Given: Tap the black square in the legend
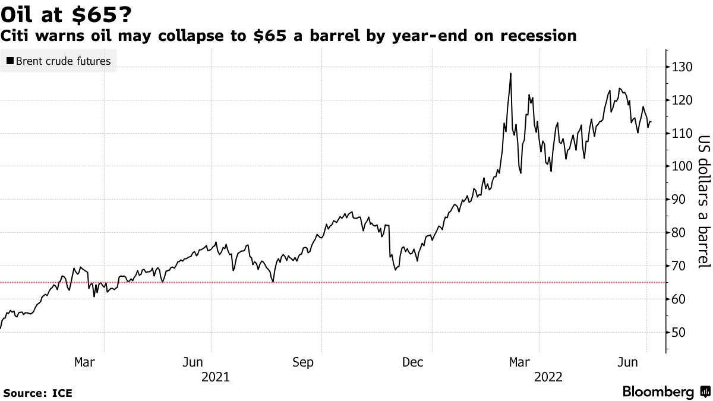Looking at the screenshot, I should tap(10, 61).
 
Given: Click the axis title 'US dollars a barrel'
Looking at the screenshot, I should tap(703, 202).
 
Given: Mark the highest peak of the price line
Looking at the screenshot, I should tap(510, 74).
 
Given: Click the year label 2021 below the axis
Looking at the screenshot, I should tap(214, 377).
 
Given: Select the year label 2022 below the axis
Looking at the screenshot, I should tap(547, 377).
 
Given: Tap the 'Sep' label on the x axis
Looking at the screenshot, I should tap(303, 362).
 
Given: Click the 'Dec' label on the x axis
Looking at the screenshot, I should tap(413, 362).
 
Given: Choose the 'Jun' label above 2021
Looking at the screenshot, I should tap(193, 362).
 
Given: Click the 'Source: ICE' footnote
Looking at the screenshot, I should tap(37, 393).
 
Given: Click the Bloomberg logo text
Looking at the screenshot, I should tap(658, 392).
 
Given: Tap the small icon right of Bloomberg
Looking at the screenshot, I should tap(705, 392).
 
